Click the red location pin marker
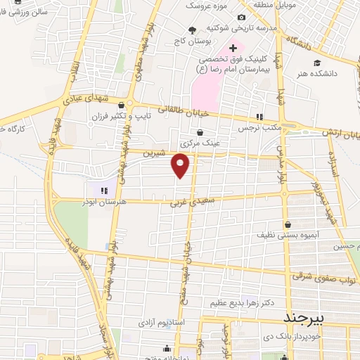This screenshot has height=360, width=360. [181, 165]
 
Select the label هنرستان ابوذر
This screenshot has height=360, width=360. [105, 202]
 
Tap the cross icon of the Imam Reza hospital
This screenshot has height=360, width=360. [233, 49]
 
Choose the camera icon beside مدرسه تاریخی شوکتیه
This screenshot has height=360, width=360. [242, 18]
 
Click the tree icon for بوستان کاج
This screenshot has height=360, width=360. [192, 30]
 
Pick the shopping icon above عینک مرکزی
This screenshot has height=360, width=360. [200, 131]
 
